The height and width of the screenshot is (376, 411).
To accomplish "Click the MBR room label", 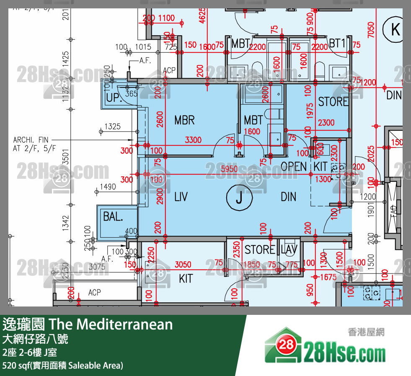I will coord(184,120).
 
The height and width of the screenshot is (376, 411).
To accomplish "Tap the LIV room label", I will coord(181,196).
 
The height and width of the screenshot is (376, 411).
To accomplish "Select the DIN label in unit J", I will coord(288,196).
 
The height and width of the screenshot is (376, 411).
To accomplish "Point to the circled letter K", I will coord(395,29).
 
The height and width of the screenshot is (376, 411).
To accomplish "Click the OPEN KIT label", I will coord(304,166).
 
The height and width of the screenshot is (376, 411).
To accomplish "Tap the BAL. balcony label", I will coord(113,217).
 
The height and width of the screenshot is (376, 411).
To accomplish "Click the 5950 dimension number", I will coord(229,170).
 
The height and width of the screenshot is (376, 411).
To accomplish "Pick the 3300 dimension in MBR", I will coord(193,140).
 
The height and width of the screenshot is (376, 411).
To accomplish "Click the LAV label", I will coord(289,250).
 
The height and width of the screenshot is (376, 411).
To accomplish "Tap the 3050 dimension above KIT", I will coord(183,264).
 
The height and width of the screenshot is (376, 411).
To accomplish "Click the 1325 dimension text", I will coord(112,126).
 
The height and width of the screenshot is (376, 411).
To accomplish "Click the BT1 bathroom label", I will coord(337,43).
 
